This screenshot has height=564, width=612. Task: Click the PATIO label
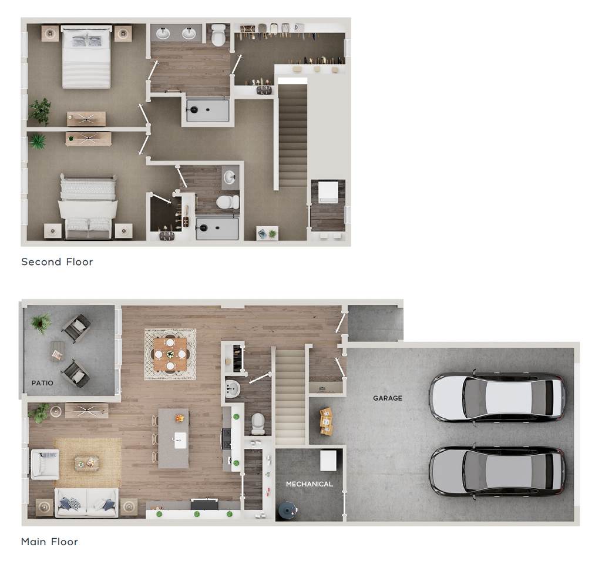pyautogui.click(x=42, y=383)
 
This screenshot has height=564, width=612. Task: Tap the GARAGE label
pyautogui.click(x=388, y=398)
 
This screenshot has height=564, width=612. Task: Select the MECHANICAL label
pyautogui.click(x=309, y=484)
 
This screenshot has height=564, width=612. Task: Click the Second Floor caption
pyautogui.click(x=57, y=262)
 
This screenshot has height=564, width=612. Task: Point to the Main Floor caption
pyautogui.click(x=49, y=542)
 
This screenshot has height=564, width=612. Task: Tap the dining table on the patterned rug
pyautogui.click(x=170, y=354)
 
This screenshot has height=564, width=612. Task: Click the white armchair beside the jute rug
pyautogui.click(x=44, y=464)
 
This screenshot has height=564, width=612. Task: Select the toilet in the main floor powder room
pyautogui.click(x=258, y=422)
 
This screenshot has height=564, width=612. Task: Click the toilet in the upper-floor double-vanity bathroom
pyautogui.click(x=218, y=35)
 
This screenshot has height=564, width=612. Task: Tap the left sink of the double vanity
pyautogui.click(x=163, y=33)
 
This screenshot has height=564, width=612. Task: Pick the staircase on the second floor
pyautogui.click(x=292, y=135)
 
